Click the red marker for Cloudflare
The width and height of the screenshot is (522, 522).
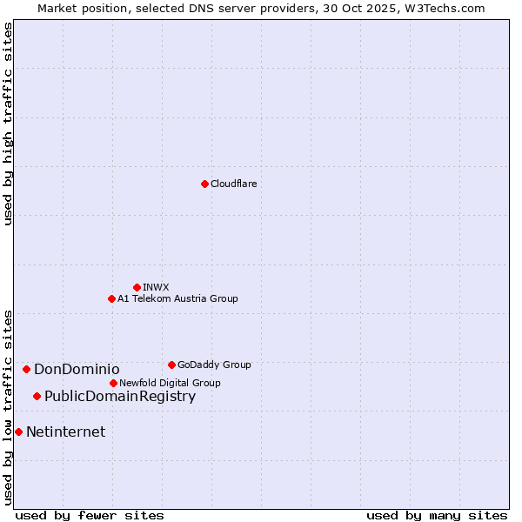coord(204,184)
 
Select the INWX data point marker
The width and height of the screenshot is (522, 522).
coord(137,287)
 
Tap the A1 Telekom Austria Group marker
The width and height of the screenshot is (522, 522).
coord(111,298)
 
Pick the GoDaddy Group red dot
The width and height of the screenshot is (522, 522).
coord(171,365)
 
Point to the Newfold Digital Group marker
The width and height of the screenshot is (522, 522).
coord(113,383)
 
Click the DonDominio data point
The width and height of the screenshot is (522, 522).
coord(26,369)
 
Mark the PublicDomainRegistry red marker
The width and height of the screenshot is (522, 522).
coord(37,396)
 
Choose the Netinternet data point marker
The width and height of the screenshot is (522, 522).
coord(18,432)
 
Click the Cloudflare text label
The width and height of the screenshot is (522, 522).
coord(233,184)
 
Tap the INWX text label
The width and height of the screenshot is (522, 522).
coord(156,287)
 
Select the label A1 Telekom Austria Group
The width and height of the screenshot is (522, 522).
coord(177,298)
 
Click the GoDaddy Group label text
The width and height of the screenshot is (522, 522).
coord(214,365)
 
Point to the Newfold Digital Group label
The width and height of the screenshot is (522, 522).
coord(170,383)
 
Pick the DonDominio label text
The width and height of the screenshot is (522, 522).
coord(77,369)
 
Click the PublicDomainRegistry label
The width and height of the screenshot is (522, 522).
coord(120,396)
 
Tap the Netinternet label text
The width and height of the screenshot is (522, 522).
coord(65,432)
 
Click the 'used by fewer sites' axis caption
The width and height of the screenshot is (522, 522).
coord(90,515)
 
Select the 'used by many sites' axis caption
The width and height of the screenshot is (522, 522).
coord(437,515)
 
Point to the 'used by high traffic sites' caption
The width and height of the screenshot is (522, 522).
coord(8,124)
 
